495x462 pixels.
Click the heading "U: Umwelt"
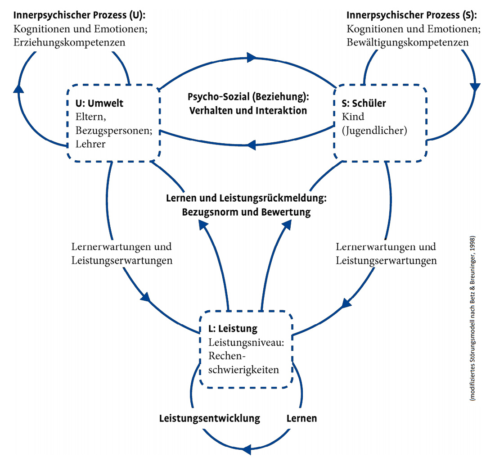click(x=99, y=103)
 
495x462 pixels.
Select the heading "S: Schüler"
click(x=364, y=103)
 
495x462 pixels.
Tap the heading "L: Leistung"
click(x=233, y=329)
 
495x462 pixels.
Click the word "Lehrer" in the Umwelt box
click(x=90, y=144)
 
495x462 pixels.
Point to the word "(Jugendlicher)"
click(x=374, y=131)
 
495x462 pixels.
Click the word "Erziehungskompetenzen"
click(x=69, y=42)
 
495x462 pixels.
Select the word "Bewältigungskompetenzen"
click(x=408, y=42)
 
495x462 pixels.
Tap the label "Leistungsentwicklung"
click(x=210, y=418)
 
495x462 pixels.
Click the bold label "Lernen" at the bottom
click(x=301, y=418)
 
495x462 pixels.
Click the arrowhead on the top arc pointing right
click(x=251, y=58)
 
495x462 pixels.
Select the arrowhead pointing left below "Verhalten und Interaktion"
click(x=251, y=145)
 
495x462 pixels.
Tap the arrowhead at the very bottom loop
click(x=247, y=449)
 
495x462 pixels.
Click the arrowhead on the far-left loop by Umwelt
click(x=18, y=88)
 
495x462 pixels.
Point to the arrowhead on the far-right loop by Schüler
click(x=475, y=87)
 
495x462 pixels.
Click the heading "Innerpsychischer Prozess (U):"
click(x=79, y=15)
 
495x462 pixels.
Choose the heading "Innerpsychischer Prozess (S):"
click(x=412, y=15)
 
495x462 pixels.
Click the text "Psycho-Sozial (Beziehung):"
click(x=248, y=97)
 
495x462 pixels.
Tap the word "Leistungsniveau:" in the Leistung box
click(x=246, y=342)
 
